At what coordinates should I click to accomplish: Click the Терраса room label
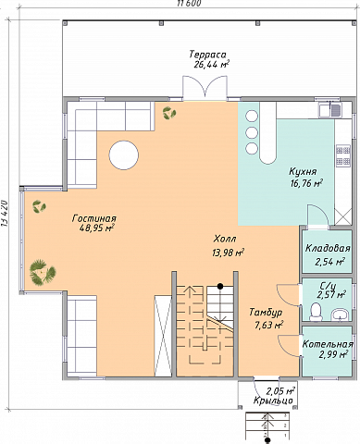pos(207,55)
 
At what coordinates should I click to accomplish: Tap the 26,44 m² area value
pos(211,64)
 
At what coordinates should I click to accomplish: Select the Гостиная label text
pos(94,218)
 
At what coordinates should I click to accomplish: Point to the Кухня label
pos(303,171)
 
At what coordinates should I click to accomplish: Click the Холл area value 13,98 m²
pos(229,253)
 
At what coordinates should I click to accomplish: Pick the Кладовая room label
pos(328,248)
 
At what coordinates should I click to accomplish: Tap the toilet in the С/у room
pos(316,312)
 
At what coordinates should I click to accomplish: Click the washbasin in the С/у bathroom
pos(340,314)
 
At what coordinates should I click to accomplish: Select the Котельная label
pos(328,344)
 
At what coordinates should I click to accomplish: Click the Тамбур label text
pos(266,313)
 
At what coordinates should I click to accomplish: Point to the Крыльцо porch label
pos(273,401)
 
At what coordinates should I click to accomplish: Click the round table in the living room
pos(124,154)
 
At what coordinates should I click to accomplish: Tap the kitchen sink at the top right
pos(330,110)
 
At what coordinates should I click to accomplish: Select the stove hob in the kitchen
pos(343,155)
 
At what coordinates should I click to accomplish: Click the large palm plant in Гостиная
pos(43,272)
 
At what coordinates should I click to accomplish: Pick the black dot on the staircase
pos(220,287)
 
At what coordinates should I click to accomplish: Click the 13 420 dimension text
pos(5,215)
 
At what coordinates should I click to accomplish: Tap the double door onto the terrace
pos(205,88)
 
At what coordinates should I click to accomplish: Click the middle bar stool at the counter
pos(252,132)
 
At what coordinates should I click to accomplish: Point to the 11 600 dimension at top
pos(189,3)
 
